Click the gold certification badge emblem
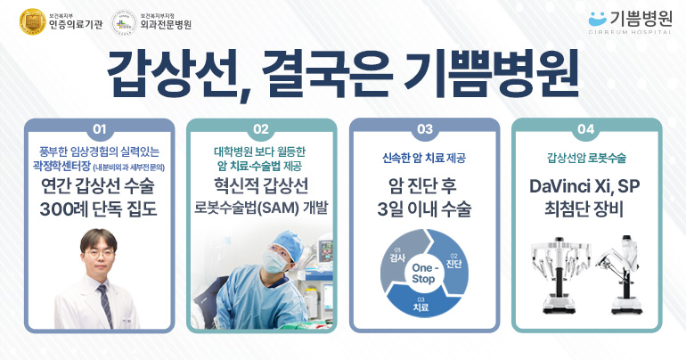[x=33, y=21]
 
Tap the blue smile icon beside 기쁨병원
[x=597, y=19]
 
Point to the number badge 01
[x=99, y=129]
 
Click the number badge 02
[x=261, y=129]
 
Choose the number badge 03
[x=424, y=129]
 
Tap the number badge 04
[x=586, y=129]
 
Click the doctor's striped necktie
[x=105, y=305]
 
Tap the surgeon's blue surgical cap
[x=287, y=242]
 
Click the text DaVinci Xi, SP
[x=584, y=187]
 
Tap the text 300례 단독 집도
[x=98, y=209]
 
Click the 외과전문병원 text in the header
[x=166, y=24]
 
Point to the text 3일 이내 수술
[x=424, y=209]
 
